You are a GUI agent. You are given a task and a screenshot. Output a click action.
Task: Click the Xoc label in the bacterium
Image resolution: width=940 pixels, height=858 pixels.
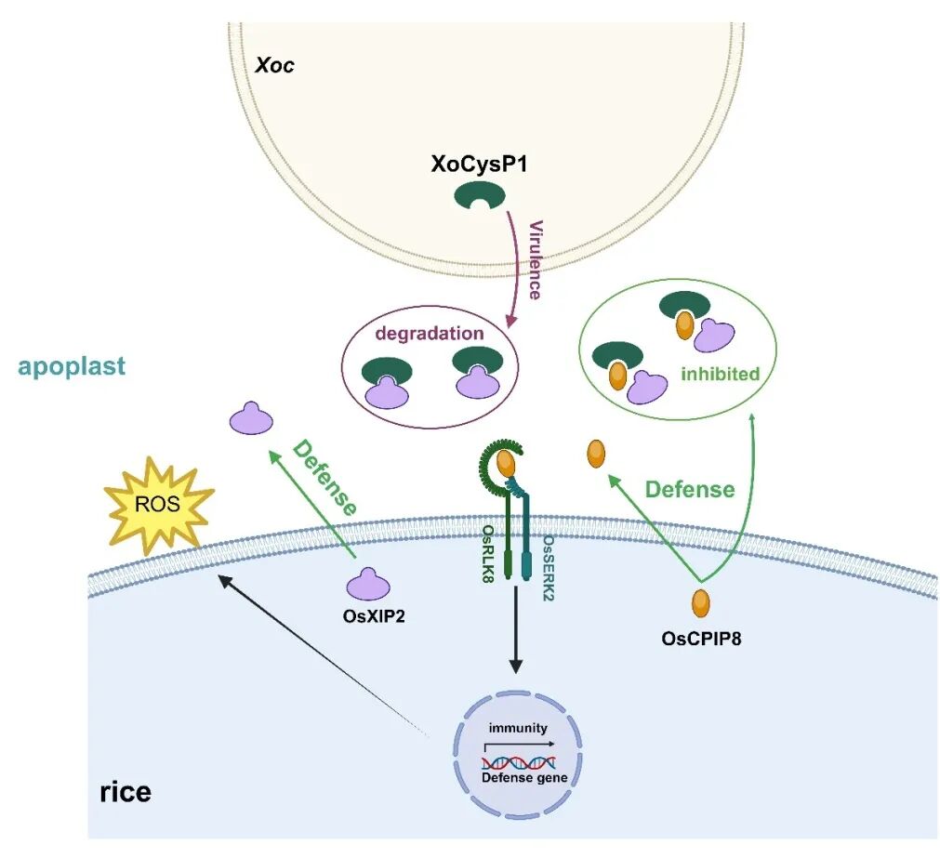coord(274,67)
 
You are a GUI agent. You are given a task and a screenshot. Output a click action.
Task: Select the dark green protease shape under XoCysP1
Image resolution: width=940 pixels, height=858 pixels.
coord(480,194)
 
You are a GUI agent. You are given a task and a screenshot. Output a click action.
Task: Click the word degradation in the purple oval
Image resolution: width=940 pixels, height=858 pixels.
coord(430,333)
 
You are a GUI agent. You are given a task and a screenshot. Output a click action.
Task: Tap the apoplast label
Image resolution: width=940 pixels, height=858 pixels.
coord(72,366)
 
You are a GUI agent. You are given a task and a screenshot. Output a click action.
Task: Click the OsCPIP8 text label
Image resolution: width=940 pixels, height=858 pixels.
coord(701,639)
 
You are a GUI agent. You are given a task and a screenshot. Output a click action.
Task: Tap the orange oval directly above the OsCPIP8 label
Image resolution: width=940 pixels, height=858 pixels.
coord(700,602)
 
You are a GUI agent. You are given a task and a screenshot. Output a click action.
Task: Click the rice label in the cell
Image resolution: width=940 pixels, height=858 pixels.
coord(125,793)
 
